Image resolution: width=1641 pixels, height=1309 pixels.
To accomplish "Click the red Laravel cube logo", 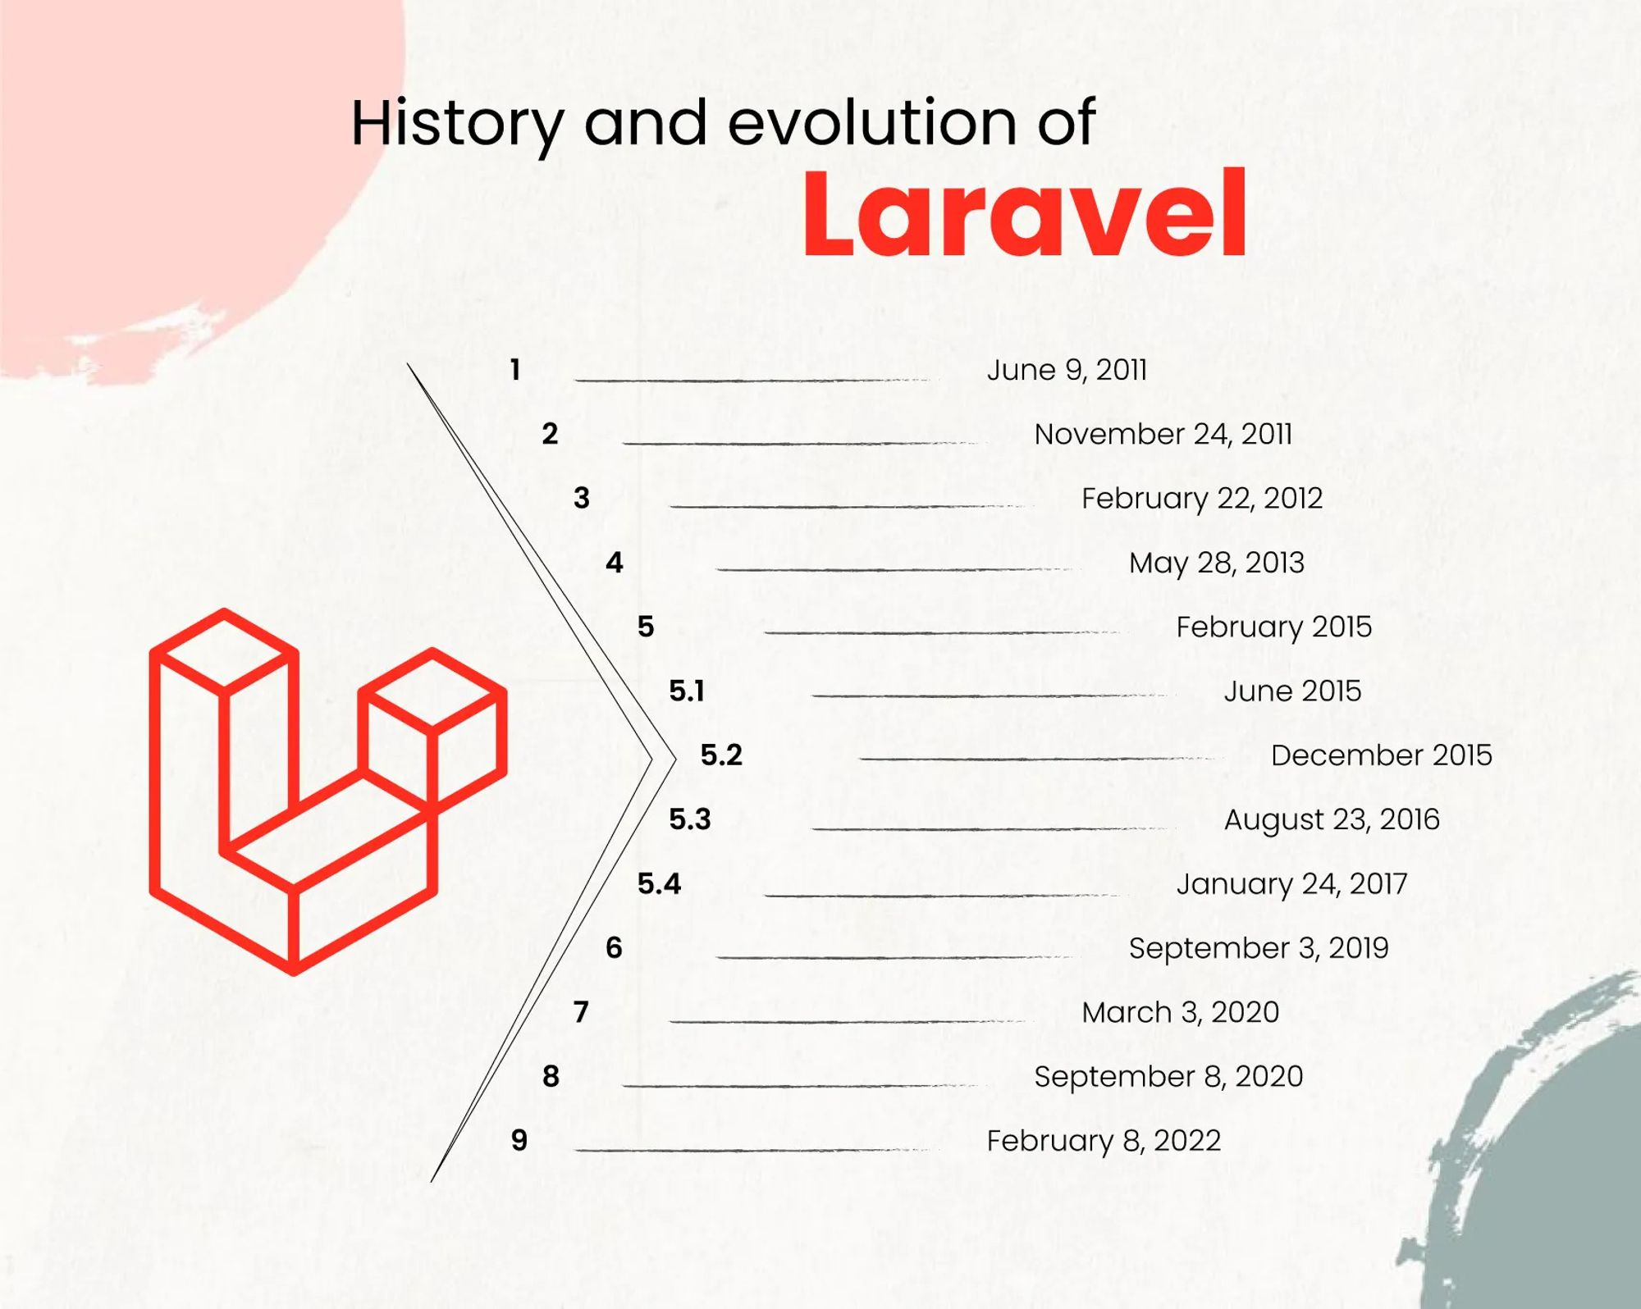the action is click(x=328, y=792).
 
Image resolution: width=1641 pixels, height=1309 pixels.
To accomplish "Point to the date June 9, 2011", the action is click(x=1067, y=370).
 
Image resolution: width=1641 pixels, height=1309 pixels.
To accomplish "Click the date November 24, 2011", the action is click(x=1163, y=434).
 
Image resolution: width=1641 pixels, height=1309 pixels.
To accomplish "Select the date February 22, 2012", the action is click(x=1202, y=499).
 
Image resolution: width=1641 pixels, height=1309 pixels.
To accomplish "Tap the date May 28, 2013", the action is click(x=1217, y=563).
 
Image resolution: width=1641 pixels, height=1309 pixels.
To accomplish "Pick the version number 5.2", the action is click(x=721, y=755).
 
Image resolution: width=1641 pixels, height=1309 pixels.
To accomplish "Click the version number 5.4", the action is click(x=659, y=883).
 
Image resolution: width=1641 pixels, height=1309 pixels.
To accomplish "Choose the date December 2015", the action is click(x=1382, y=755).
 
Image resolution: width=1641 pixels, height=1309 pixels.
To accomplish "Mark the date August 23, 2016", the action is click(x=1332, y=819).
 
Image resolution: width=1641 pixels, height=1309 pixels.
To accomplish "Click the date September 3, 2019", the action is click(x=1259, y=948).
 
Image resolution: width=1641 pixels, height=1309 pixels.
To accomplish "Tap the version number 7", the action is click(x=581, y=1012).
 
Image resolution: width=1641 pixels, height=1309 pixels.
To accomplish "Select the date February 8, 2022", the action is click(x=1104, y=1141).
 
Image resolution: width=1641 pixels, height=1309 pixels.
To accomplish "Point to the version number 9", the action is click(x=519, y=1140).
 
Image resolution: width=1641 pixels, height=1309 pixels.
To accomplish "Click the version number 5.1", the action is click(x=687, y=691).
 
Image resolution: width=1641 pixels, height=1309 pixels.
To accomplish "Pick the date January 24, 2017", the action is click(x=1291, y=884).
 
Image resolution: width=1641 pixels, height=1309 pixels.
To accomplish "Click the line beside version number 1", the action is click(x=755, y=381).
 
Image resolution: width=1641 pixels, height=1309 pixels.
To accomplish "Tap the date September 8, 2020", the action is click(x=1168, y=1077).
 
